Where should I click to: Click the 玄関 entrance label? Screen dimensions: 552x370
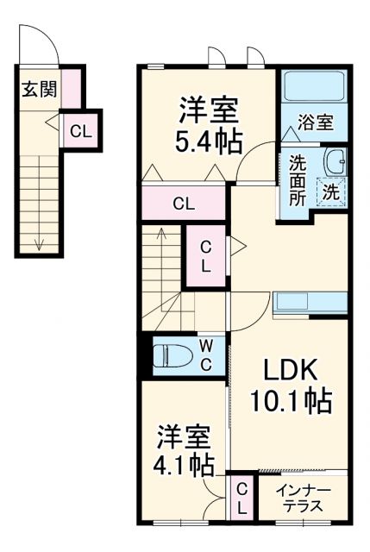(34, 87)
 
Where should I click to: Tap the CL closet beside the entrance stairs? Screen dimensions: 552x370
(80, 131)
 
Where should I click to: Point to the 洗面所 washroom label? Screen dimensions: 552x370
(298, 179)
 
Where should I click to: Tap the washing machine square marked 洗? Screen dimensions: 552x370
(331, 192)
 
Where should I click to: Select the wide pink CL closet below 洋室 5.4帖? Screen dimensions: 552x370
(184, 204)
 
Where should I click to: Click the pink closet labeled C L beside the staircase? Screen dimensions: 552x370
(207, 254)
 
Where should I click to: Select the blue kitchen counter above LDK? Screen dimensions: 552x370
(310, 304)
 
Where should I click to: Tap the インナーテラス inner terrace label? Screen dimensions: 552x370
(301, 498)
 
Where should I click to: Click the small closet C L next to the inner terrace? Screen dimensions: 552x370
(242, 499)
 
